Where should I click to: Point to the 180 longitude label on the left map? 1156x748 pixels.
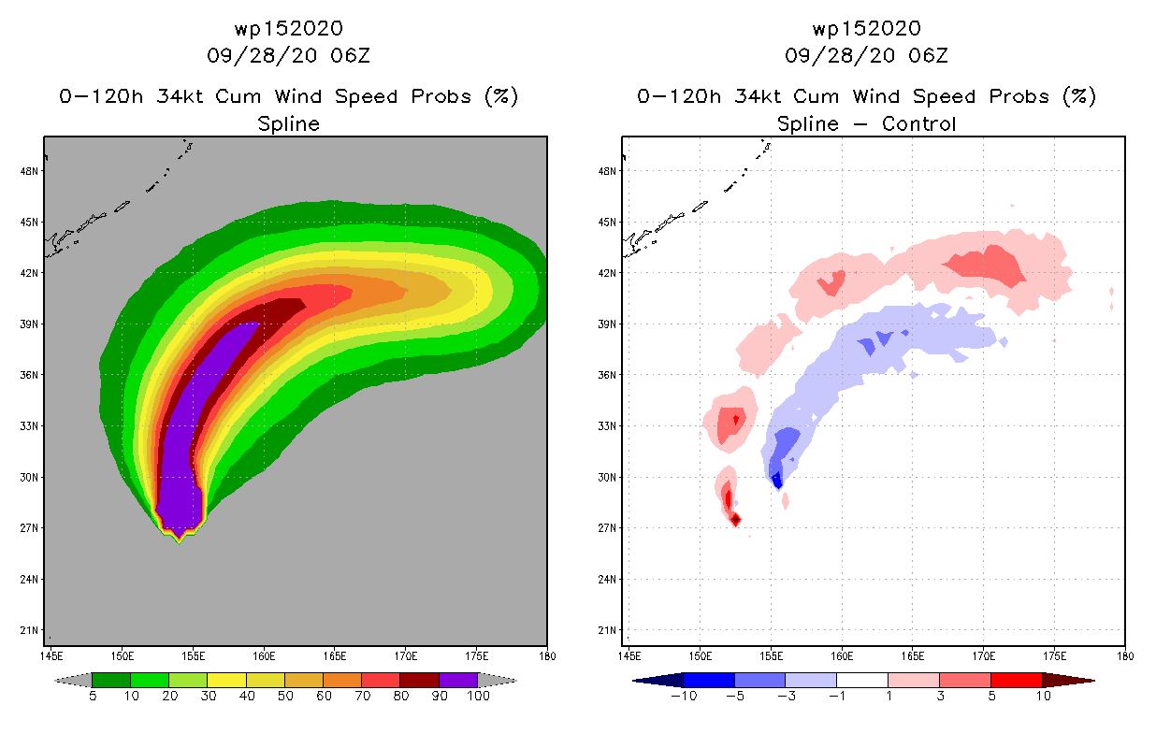click(x=547, y=655)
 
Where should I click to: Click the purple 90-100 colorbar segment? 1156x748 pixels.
click(x=458, y=680)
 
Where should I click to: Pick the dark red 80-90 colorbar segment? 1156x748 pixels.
click(x=420, y=680)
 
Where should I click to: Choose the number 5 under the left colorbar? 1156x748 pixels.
click(x=92, y=696)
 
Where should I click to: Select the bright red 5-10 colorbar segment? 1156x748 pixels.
click(x=1016, y=680)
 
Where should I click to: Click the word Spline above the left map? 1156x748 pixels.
click(x=289, y=123)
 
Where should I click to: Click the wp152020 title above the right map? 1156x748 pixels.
click(x=866, y=29)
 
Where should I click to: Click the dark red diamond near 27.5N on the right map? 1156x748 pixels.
click(x=735, y=520)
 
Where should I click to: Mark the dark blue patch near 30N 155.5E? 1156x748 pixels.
click(x=776, y=481)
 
